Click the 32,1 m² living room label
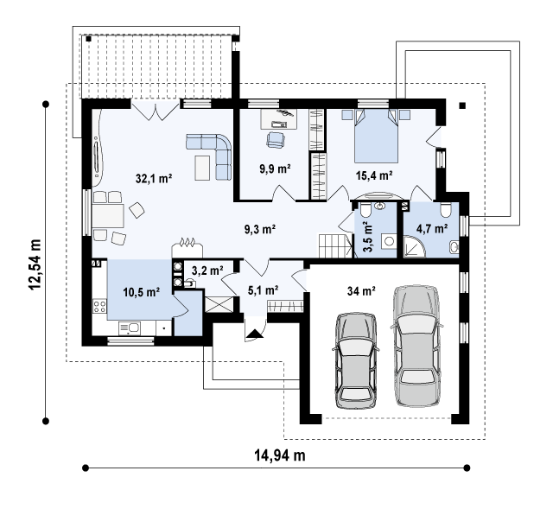(154, 179)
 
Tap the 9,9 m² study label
(275, 169)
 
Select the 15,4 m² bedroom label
(374, 175)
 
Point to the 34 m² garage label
(361, 291)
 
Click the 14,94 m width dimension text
(280, 455)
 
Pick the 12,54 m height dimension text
(35, 264)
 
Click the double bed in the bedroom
(376, 135)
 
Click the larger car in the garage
(417, 345)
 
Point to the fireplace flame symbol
(188, 242)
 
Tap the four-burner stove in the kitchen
(99, 305)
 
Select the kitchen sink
(130, 328)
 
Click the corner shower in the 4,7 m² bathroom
(415, 246)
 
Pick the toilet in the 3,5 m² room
(365, 211)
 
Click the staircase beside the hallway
(335, 246)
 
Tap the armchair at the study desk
(276, 139)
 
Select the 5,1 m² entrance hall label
(264, 290)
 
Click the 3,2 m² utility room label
(207, 270)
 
